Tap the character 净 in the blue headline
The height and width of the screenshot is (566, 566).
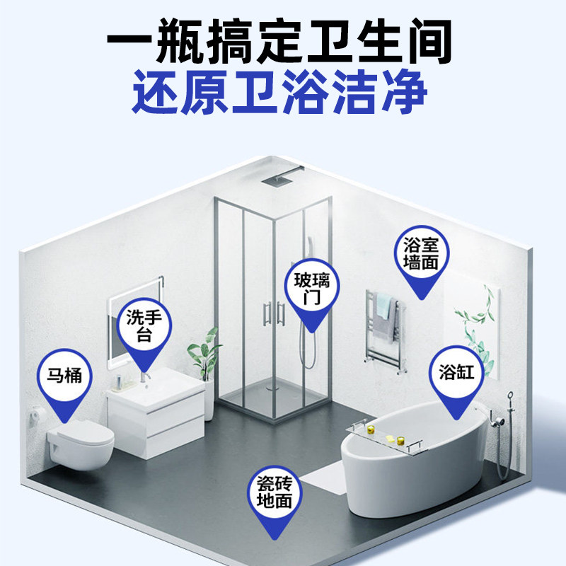[401, 93]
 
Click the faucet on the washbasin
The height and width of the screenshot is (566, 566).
[146, 376]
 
